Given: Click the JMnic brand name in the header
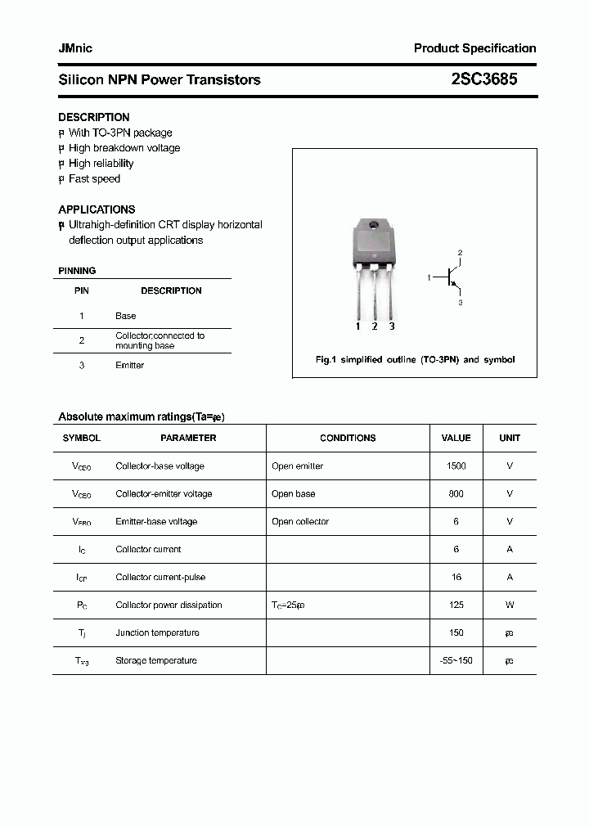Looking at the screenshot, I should (75, 48).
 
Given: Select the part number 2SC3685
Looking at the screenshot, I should (484, 79).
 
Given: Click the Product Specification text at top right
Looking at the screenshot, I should (474, 48).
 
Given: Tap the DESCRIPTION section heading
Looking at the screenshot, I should (94, 117).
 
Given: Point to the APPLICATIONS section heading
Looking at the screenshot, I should (97, 209).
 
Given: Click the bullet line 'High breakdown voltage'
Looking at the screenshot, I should (124, 148).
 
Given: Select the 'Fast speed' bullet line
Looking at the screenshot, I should (94, 179).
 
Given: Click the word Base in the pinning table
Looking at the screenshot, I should (126, 316).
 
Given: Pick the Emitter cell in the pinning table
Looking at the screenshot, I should (129, 366).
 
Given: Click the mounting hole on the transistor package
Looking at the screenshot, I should (374, 225).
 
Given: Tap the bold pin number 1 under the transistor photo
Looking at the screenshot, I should (357, 326).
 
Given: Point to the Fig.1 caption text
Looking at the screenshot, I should (415, 360).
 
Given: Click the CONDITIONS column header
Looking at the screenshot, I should (348, 439).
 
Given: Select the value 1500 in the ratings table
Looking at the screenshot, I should (456, 466).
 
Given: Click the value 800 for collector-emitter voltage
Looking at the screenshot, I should (456, 494).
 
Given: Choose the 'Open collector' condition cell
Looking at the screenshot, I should (300, 522).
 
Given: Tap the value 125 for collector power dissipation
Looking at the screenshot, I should (456, 605).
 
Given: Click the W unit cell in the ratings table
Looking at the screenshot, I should (510, 605).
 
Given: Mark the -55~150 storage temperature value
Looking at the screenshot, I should (456, 661).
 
